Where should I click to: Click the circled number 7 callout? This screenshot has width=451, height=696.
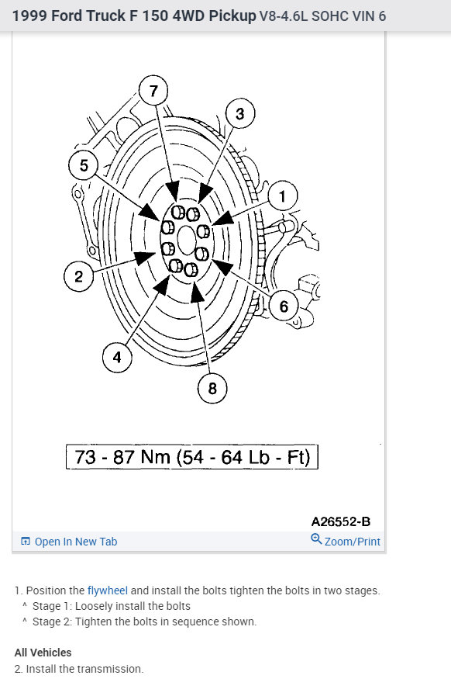point(153,91)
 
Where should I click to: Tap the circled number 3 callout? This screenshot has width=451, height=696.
point(240,114)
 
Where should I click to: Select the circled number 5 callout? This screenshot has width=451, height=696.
point(84,165)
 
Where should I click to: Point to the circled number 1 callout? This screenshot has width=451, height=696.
point(283,196)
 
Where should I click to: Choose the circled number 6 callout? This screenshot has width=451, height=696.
point(284,306)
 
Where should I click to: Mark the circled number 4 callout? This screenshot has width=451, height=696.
point(117,357)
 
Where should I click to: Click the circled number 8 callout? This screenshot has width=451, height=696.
point(212,389)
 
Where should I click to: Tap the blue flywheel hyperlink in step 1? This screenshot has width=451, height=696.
point(108,590)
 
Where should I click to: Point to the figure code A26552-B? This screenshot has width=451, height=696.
point(340,521)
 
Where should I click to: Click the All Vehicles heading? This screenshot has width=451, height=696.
point(43,653)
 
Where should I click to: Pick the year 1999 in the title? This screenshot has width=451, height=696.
point(30,16)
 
